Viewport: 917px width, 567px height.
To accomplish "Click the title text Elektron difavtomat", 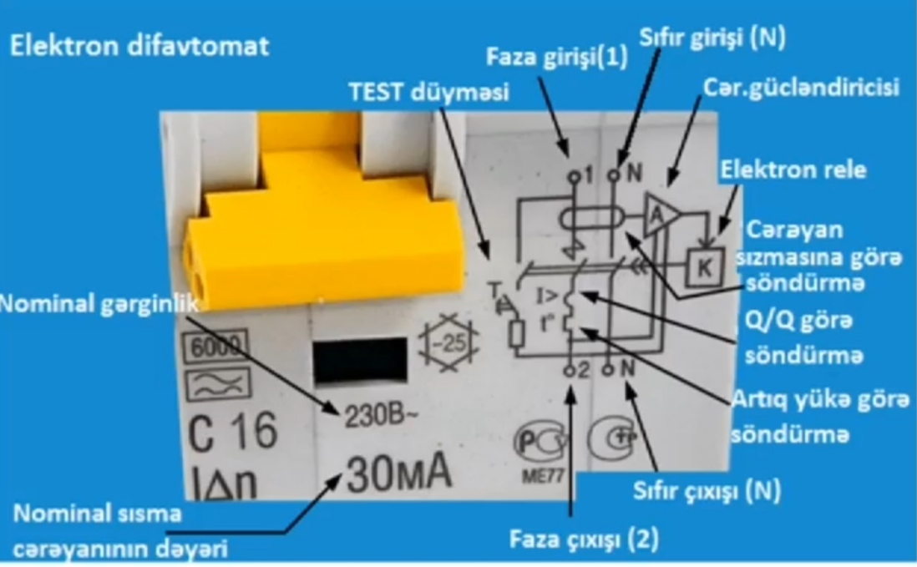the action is point(139,46).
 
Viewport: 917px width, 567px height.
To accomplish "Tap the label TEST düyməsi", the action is point(428,93).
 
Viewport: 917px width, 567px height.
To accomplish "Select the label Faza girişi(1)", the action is point(557,58).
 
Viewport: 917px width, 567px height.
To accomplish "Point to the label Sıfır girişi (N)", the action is point(712,38).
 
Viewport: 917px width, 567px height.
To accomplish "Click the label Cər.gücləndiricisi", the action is point(801,87).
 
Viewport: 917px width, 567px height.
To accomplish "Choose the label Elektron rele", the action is point(793,170).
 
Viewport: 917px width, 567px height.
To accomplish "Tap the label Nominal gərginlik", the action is point(99,304).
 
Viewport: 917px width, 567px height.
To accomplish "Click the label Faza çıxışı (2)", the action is point(584,539).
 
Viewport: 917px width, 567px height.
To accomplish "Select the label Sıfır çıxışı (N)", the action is point(707,491).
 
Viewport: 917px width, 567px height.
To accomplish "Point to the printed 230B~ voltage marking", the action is point(382,416).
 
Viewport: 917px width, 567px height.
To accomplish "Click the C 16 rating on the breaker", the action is point(232,432).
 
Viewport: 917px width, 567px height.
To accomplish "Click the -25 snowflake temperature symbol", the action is point(448,342).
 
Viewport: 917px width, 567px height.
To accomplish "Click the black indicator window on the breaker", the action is point(360,361).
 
